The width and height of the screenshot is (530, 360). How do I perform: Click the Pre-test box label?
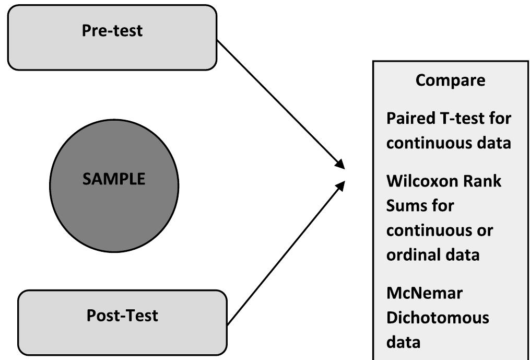tap(112, 30)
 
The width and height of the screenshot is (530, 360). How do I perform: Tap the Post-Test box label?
tap(122, 316)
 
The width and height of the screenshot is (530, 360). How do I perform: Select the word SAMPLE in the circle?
tap(114, 179)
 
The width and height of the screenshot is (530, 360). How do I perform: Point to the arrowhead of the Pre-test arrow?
tap(341, 165)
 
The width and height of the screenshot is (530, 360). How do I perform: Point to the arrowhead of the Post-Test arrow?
tap(340, 185)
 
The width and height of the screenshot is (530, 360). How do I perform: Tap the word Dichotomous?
tap(438, 317)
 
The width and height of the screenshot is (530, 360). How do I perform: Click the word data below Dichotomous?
tap(403, 342)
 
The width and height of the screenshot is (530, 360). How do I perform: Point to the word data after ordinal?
tap(463, 255)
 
